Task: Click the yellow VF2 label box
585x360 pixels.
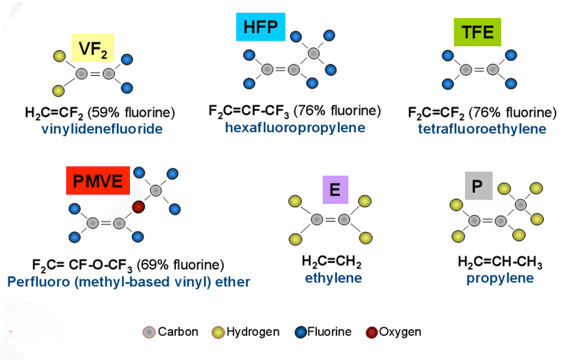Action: pyautogui.click(x=93, y=48)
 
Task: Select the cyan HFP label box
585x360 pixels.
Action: pyautogui.click(x=260, y=27)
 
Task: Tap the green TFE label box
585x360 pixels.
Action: pyautogui.click(x=477, y=32)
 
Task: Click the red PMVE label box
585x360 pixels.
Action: pyautogui.click(x=98, y=181)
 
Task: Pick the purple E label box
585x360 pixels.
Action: pyautogui.click(x=335, y=190)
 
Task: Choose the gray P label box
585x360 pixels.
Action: pyautogui.click(x=479, y=186)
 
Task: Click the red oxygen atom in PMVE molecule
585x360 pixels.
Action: pyautogui.click(x=138, y=207)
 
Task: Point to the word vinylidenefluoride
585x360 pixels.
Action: pyautogui.click(x=102, y=129)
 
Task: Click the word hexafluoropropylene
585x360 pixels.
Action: pyautogui.click(x=295, y=128)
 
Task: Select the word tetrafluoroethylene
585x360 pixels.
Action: pyautogui.click(x=482, y=129)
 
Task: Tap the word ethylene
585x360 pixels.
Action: pyautogui.click(x=334, y=278)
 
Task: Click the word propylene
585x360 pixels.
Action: pyautogui.click(x=500, y=278)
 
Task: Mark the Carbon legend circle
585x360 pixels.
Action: pyautogui.click(x=149, y=332)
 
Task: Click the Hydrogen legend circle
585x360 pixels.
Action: pyautogui.click(x=218, y=332)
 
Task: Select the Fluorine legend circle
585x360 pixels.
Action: pyautogui.click(x=301, y=332)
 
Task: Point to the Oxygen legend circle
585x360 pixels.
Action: pyautogui.click(x=372, y=332)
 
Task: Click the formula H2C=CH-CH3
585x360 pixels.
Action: pyautogui.click(x=500, y=262)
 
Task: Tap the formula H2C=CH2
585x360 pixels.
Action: pyautogui.click(x=332, y=262)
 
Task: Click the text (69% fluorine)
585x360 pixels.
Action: pyautogui.click(x=180, y=265)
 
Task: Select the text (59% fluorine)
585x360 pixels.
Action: pyautogui.click(x=131, y=113)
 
